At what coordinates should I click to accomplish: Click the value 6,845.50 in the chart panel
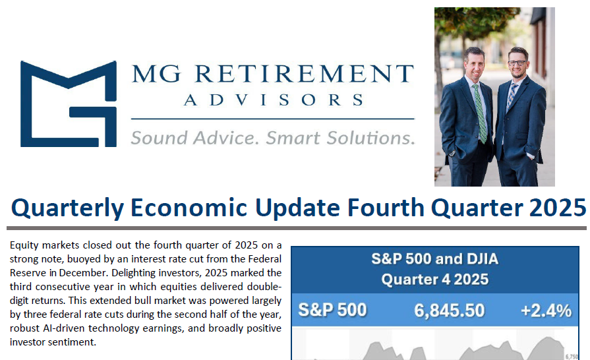click(449, 310)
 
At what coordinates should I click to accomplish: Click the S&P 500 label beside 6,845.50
click(332, 310)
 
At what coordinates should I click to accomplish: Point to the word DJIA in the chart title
click(476, 258)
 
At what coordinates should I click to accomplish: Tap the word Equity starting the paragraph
click(23, 245)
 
